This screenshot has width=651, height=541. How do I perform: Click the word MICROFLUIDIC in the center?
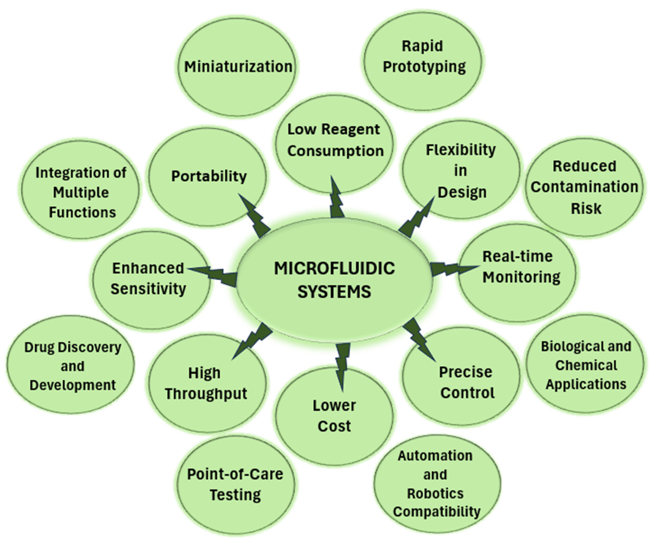[x=334, y=269]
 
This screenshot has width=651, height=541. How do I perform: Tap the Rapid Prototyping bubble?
[x=423, y=60]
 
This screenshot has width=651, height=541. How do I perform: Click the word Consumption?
[x=336, y=151]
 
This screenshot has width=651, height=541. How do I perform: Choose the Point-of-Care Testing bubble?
[x=235, y=484]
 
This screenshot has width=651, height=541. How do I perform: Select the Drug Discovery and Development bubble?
[x=71, y=366]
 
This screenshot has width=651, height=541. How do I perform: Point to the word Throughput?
[x=206, y=394]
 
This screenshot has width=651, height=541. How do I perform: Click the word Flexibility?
[x=461, y=150]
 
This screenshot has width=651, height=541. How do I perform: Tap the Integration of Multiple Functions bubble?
[x=81, y=192]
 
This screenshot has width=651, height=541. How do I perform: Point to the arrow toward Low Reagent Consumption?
[x=336, y=198]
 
